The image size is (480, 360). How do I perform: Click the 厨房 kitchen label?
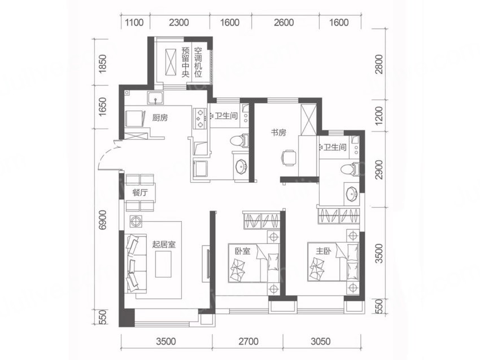[160, 117]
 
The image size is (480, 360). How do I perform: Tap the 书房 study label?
[278, 133]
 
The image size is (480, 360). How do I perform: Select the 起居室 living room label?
[164, 244]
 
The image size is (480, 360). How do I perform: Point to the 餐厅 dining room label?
[140, 192]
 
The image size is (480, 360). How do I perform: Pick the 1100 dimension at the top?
[135, 23]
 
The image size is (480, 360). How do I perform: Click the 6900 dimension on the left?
[103, 219]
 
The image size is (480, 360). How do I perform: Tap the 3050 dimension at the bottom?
[321, 341]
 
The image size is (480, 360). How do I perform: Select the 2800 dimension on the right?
[379, 64]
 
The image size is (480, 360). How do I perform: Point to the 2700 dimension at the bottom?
[248, 341]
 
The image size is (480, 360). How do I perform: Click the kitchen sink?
[156, 98]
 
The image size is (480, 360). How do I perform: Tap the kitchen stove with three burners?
[200, 118]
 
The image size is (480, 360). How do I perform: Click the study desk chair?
[289, 158]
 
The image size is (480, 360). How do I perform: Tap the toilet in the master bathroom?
[351, 169]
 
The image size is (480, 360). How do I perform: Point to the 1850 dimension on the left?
[103, 63]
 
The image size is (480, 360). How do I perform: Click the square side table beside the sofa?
[136, 221]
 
